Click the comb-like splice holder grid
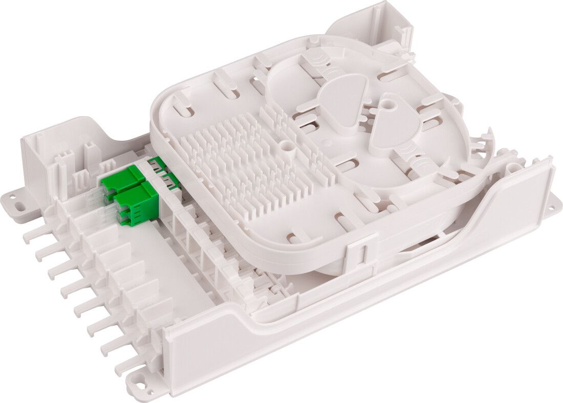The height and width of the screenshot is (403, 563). pos(251,164)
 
